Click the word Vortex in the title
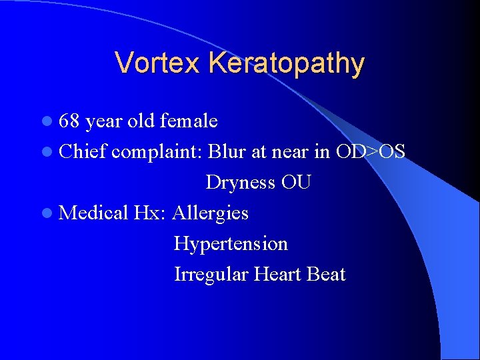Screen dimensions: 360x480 157,63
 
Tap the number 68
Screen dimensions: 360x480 69,121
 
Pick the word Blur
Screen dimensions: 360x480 227,152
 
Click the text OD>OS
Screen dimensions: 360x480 370,152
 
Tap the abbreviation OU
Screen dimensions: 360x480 296,183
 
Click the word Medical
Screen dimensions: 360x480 93,213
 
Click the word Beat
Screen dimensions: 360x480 327,275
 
